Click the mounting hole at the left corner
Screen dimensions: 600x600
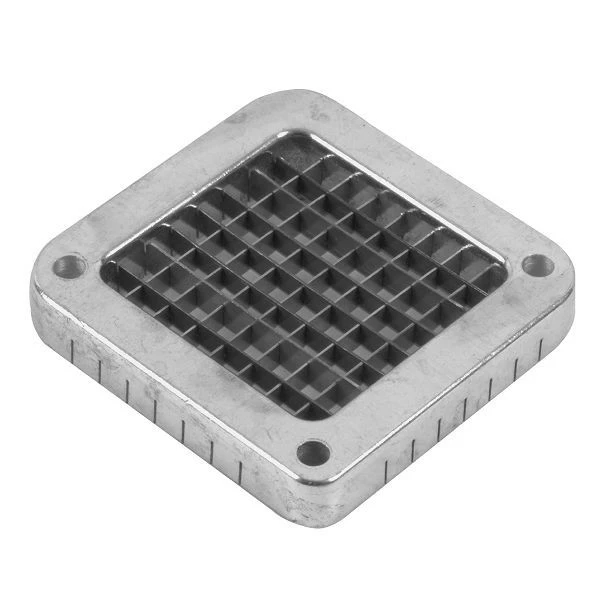pos(70,266)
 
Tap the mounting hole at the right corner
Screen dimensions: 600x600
pos(536,266)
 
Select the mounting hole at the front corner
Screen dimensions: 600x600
pos(314,453)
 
